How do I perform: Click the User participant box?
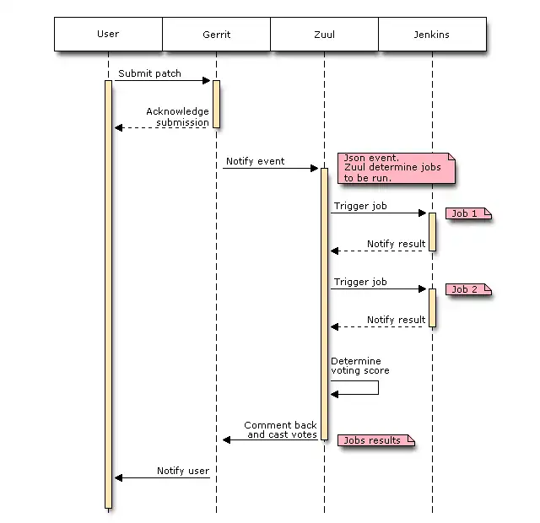(108, 35)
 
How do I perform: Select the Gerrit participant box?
(216, 35)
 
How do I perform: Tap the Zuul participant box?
(324, 35)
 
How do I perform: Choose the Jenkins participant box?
(432, 35)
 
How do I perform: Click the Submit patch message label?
(149, 73)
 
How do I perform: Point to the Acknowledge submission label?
(177, 116)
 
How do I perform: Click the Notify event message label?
(255, 161)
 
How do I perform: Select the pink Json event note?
(396, 168)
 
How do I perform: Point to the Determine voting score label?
(360, 366)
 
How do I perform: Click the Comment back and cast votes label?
(281, 430)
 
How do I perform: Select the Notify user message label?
(183, 471)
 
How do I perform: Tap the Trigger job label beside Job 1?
(360, 206)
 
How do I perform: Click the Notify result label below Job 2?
(396, 320)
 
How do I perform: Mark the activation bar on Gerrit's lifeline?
(216, 104)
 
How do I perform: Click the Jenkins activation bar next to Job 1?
(432, 232)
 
